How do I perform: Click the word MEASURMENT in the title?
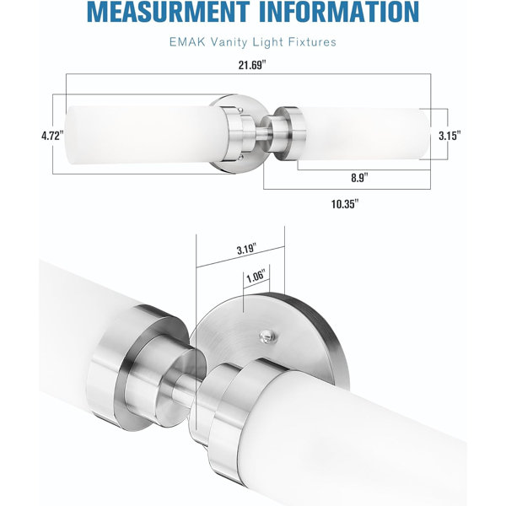point(168,12)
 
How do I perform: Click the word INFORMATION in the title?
point(339,12)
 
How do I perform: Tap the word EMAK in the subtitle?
point(187,42)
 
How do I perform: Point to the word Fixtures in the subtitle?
point(312,42)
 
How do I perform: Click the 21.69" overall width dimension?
point(252,65)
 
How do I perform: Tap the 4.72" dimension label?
point(51,136)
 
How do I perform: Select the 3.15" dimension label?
point(449,136)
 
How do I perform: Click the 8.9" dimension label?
point(359,177)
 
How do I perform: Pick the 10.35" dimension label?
point(345,204)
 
